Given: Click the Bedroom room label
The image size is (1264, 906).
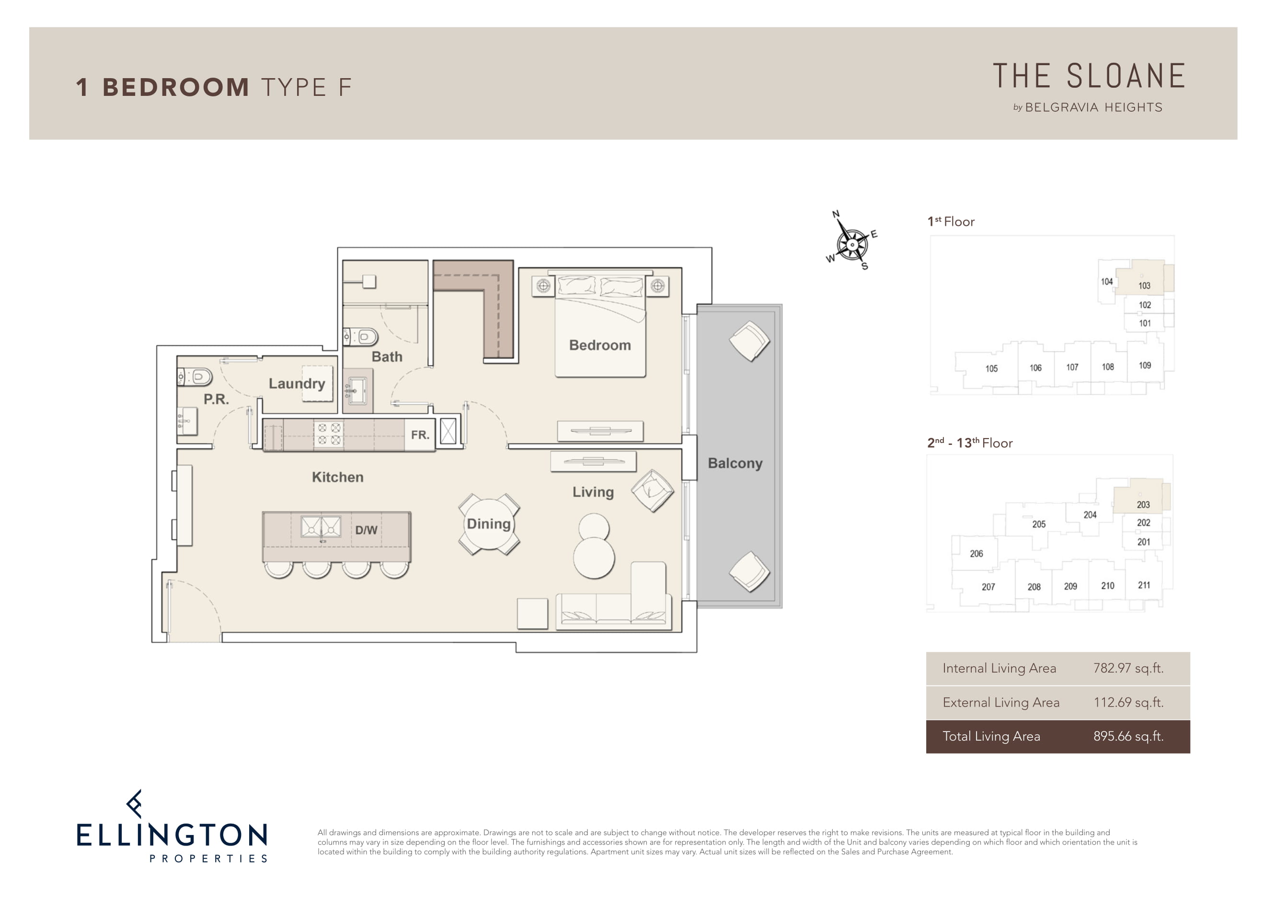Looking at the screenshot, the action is pos(600,345).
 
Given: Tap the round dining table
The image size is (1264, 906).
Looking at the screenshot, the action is pos(489,524).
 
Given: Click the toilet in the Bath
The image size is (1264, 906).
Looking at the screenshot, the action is pos(361,336).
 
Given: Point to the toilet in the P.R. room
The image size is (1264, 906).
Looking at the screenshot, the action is pos(195,377).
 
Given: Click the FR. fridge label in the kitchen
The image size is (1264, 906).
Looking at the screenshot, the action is pos(420,435).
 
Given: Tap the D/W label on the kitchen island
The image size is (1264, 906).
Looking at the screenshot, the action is pos(366,530).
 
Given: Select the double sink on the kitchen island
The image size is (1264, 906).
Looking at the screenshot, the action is pos(321,526).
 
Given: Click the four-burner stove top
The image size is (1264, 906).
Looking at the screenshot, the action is pos(329,434).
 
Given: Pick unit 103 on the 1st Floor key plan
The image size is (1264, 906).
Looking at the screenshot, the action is pos(1144,285).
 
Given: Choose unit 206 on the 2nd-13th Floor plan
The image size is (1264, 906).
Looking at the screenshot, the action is pos(977,554).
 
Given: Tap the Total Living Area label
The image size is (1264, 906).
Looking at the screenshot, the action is pos(991,736).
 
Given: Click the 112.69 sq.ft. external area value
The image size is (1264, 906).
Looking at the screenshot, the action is pos(1128,702).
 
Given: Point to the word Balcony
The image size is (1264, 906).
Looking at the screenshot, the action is pos(735,464).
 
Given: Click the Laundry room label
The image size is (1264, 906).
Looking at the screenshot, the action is pos(297,383).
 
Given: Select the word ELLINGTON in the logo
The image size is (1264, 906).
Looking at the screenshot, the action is pos(172,835).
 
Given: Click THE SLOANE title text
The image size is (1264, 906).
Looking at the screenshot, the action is pos(1089,76).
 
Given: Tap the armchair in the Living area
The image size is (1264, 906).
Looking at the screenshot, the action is pos(652,491).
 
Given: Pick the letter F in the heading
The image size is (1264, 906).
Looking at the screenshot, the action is pos(345,88).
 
